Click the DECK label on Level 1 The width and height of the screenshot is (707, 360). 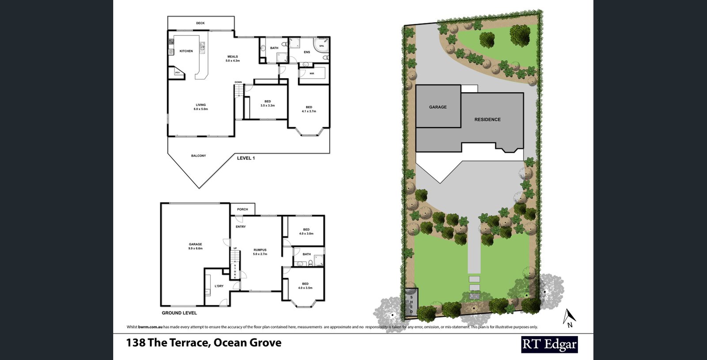tap(200, 23)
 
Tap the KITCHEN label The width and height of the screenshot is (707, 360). tap(186, 51)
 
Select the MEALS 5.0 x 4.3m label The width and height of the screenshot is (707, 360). tap(232, 58)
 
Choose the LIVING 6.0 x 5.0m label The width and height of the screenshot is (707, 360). tap(201, 107)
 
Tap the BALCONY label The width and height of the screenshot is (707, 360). tap(198, 155)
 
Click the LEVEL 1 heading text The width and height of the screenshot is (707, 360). tap(246, 158)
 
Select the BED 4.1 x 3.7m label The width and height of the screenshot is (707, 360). tap(309, 109)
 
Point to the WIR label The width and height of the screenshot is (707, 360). tap(312, 73)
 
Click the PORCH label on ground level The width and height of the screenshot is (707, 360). tap(242, 209)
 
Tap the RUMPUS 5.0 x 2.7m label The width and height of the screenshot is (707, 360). tap(260, 252)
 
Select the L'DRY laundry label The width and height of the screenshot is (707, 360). tap(219, 286)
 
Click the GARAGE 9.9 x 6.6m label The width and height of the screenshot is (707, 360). tap(195, 246)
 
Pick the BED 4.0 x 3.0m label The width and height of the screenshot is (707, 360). tap(306, 231)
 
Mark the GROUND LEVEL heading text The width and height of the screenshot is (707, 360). tap(179, 313)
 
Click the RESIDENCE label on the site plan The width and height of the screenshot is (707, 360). tap(487, 119)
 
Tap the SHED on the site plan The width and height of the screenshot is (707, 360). tap(411, 303)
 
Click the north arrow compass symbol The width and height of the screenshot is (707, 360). tap(569, 317)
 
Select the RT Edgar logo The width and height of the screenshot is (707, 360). tap(549, 344)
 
